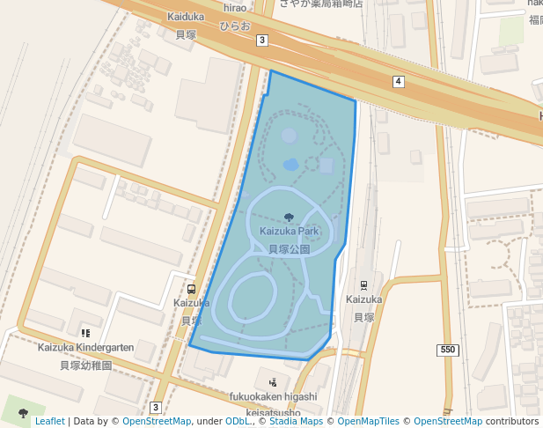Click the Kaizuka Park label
[289, 232]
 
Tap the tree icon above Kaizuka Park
[289, 217]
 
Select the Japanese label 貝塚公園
[289, 249]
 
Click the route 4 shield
[399, 82]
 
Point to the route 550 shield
[448, 351]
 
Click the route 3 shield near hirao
[262, 41]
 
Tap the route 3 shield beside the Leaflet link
[156, 407]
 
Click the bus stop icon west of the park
[192, 289]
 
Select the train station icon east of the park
[363, 285]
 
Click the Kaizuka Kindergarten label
[85, 348]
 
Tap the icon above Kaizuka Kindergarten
[85, 332]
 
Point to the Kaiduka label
[185, 17]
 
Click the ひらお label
[235, 26]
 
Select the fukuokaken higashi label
[274, 397]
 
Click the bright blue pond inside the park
[291, 165]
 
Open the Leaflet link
[49, 421]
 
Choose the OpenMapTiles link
[368, 421]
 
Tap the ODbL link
[238, 421]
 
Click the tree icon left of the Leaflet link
[23, 412]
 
